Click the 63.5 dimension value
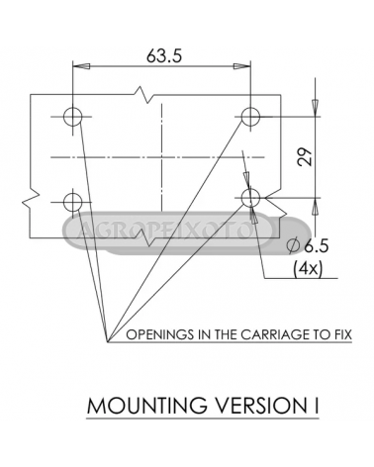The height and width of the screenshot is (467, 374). pyautogui.click(x=164, y=55)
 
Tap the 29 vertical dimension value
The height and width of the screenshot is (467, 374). pyautogui.click(x=305, y=156)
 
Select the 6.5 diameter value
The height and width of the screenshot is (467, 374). pyautogui.click(x=316, y=245)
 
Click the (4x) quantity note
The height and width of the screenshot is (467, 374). pyautogui.click(x=308, y=269)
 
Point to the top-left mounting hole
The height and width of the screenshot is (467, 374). pyautogui.click(x=73, y=117)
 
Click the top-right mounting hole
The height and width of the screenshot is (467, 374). pyautogui.click(x=250, y=117)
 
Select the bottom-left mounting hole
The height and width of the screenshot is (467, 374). pyautogui.click(x=73, y=202)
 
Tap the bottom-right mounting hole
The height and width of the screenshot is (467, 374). pyautogui.click(x=250, y=198)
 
